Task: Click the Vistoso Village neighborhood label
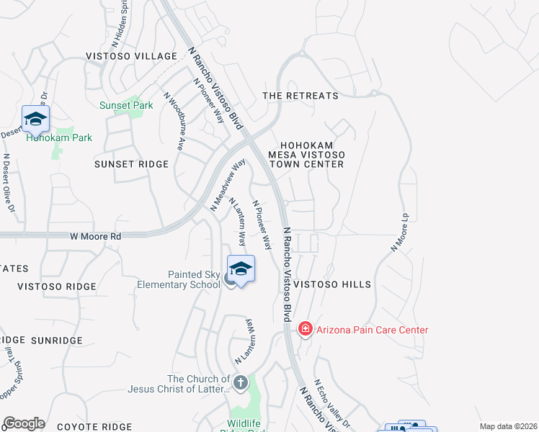point(131,56)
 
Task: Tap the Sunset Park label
point(126,105)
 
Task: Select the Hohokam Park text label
point(59,138)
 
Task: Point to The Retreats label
point(300,96)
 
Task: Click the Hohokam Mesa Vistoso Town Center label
point(306,154)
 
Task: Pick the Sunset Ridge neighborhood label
point(132,164)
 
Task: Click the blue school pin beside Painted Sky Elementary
point(241,269)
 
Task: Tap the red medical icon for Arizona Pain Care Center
point(306,330)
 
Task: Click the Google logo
point(24,423)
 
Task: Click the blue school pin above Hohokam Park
point(35,118)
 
